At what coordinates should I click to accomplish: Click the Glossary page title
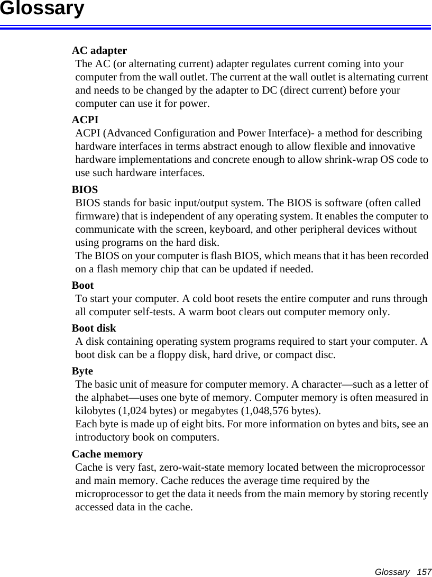[x=42, y=9]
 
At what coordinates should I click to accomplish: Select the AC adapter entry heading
[x=99, y=51]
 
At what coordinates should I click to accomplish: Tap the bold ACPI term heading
[x=85, y=121]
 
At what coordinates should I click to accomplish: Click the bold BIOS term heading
[x=85, y=189]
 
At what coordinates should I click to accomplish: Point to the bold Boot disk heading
[x=94, y=328]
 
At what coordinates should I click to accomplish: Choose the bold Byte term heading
[x=82, y=371]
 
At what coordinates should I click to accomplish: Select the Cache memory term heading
[x=107, y=454]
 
